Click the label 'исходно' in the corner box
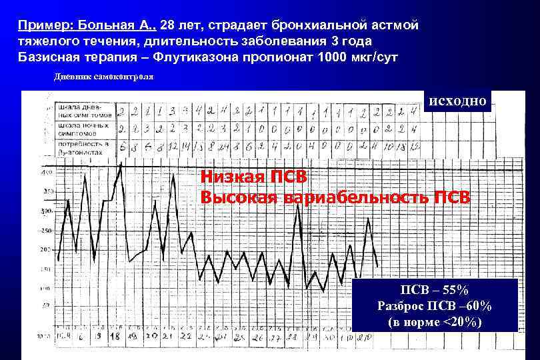point(458,101)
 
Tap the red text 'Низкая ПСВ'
point(253,178)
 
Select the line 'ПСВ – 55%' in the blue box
point(434,290)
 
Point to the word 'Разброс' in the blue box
point(400,306)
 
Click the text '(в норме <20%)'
point(434,323)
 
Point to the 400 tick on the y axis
point(47,173)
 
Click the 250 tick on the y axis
point(47,231)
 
